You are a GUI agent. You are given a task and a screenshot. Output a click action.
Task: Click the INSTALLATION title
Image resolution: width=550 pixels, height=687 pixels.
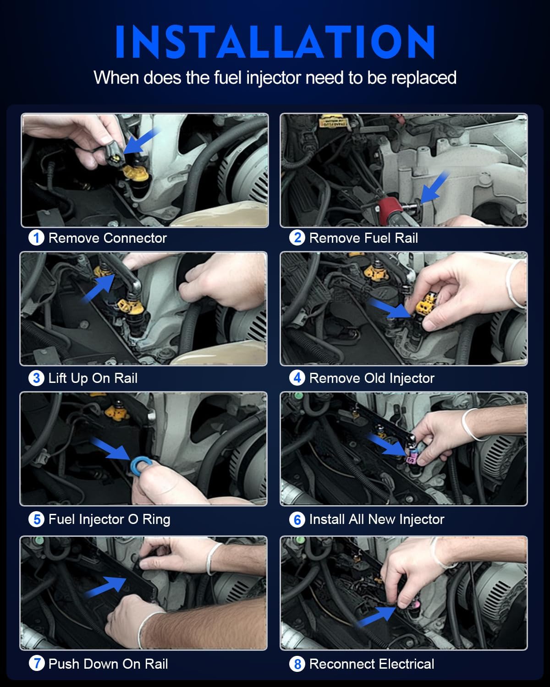pos(275,42)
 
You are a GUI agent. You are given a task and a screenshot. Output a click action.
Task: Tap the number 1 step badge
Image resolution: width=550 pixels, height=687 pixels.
pos(36,238)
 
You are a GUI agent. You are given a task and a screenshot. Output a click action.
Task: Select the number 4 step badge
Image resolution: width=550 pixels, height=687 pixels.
pos(297,378)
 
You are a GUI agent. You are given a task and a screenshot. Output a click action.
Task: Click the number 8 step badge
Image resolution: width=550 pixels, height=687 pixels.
pos(297,664)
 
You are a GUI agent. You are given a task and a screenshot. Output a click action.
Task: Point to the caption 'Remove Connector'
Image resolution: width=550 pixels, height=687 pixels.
pos(107,238)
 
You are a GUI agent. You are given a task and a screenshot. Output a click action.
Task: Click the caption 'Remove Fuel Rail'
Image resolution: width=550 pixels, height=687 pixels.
pos(363,238)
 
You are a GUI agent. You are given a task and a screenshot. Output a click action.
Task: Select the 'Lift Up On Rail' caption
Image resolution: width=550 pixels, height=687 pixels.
pos(93,378)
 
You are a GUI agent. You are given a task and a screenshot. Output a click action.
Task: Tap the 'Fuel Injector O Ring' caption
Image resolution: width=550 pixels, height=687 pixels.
pos(109,519)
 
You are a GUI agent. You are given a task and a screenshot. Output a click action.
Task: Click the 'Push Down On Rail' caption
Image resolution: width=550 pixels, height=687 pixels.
pos(108,664)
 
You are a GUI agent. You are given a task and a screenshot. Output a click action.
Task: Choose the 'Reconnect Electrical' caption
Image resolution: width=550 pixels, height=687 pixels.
pos(371,664)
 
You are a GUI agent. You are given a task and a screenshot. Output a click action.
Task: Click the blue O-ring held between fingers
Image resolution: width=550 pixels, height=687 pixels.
pos(137,465)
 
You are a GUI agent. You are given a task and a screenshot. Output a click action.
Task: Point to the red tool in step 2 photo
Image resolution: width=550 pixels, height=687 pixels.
pos(388,205)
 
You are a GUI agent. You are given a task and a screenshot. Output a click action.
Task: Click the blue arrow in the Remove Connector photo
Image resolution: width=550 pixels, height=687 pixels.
pos(140,141)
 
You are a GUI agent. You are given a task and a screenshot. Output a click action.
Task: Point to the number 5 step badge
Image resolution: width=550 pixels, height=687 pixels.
pos(36,519)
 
